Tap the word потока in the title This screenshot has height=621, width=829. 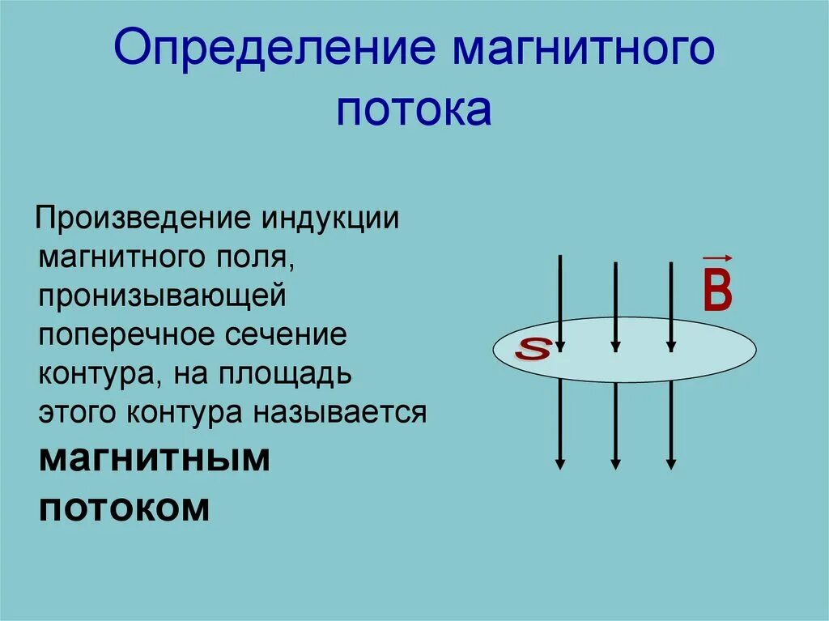click(414, 109)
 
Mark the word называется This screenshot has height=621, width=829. click(341, 413)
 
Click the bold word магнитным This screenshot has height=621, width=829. click(154, 459)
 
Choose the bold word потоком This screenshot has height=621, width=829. click(125, 508)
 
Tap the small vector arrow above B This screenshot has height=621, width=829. click(717, 257)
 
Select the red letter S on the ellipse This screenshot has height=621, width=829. click(534, 350)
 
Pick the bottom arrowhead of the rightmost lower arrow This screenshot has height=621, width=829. click(671, 464)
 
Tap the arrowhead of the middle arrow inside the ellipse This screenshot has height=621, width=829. click(616, 347)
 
